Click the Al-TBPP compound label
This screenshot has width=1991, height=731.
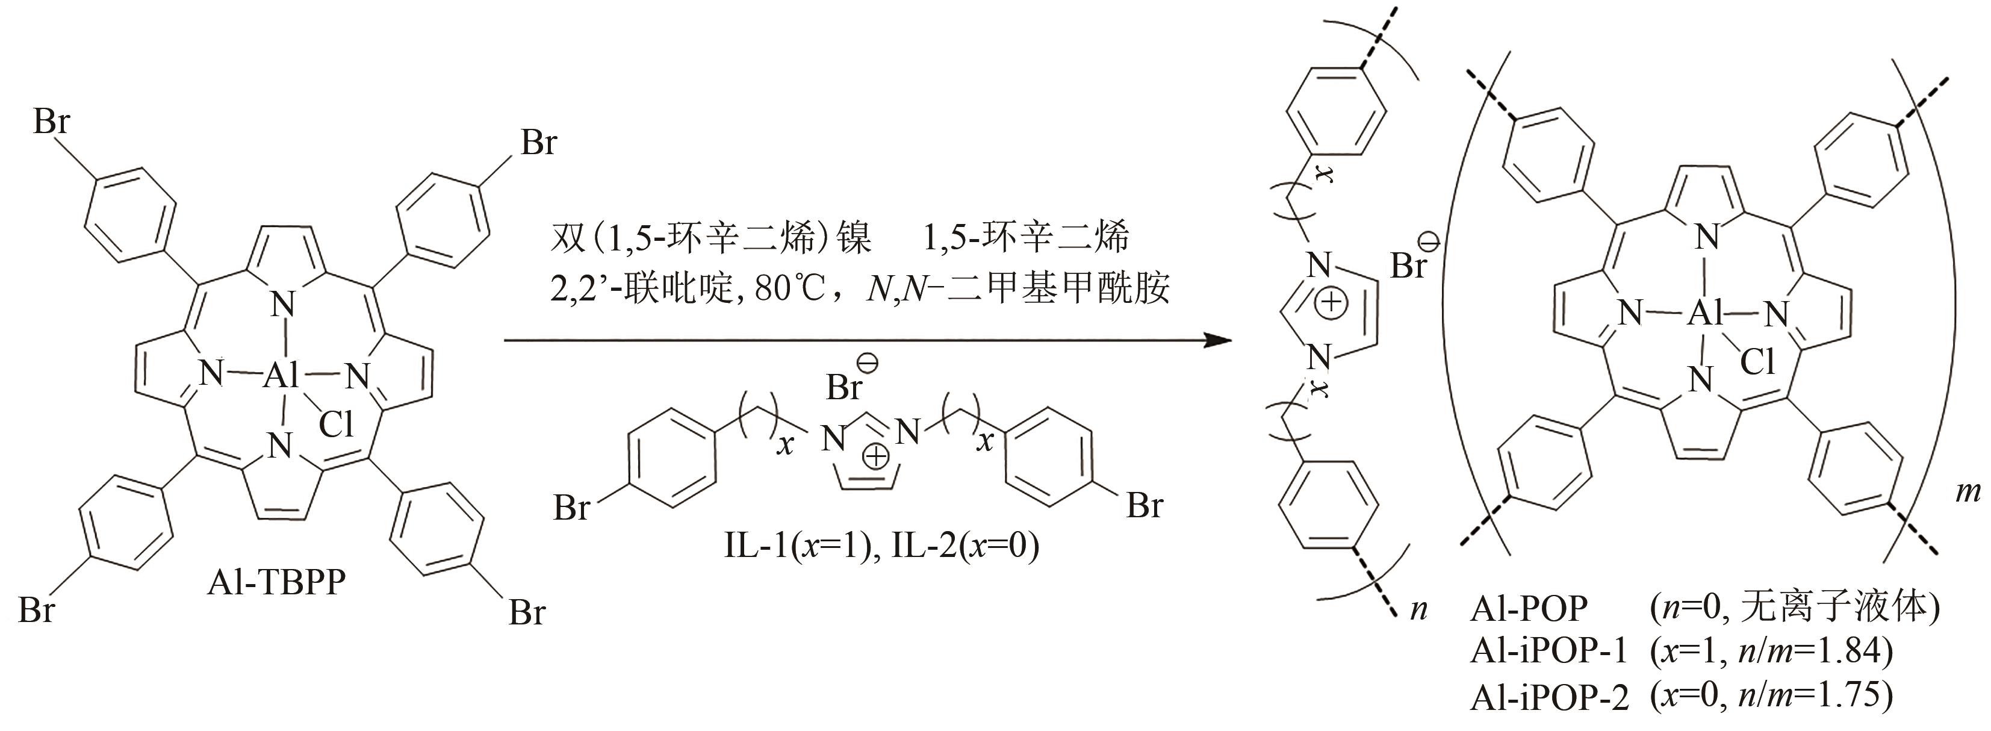[276, 582]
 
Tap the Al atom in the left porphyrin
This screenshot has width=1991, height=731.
[281, 376]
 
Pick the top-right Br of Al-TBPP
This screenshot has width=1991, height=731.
[538, 143]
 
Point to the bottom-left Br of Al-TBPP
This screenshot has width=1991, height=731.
[36, 611]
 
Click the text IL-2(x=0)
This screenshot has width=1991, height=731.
[965, 546]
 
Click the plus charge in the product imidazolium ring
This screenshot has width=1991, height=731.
[1331, 303]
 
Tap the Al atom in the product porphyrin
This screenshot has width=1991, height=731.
[1706, 313]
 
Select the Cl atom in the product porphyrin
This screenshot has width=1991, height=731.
[1757, 362]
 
